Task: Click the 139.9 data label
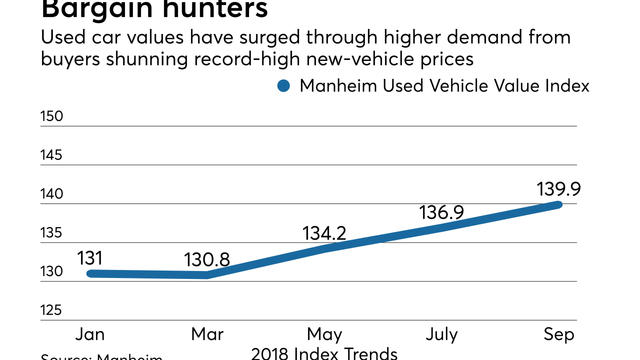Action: (x=558, y=189)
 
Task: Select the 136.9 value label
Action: (x=441, y=212)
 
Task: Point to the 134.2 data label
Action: (x=324, y=233)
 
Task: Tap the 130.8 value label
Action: (x=206, y=259)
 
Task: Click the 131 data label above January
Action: (x=90, y=258)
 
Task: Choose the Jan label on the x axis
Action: (x=90, y=334)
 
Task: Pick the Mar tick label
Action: (x=206, y=334)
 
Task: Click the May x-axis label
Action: (x=324, y=334)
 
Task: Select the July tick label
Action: (x=441, y=334)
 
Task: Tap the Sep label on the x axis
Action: (x=559, y=334)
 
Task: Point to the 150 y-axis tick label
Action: (x=51, y=116)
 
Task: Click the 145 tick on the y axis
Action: (x=51, y=155)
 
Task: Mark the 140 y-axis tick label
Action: (x=51, y=194)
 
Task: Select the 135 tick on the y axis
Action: (x=51, y=233)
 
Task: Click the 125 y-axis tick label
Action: (x=51, y=310)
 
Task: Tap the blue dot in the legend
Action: (x=283, y=86)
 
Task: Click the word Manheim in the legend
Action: (x=338, y=86)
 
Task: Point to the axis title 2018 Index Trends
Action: (x=324, y=353)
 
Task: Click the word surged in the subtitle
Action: (x=269, y=37)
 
